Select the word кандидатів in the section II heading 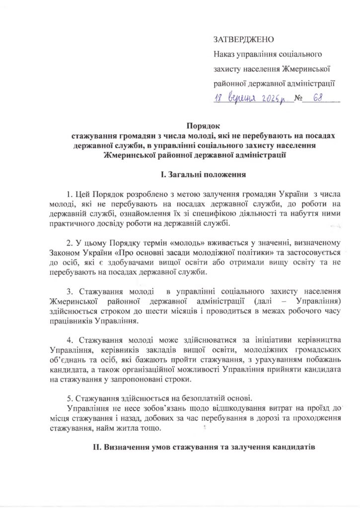pos(293,447)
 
